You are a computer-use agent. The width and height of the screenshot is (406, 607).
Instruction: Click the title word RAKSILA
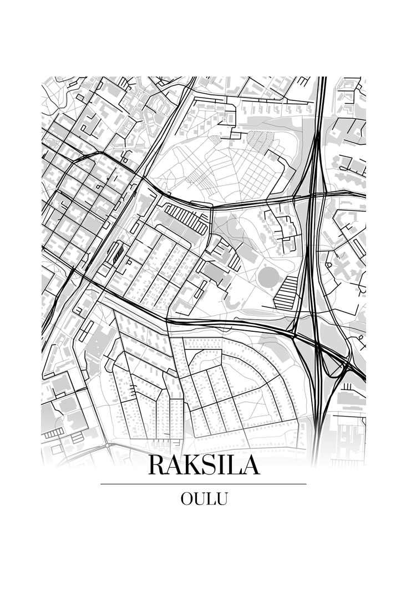204,466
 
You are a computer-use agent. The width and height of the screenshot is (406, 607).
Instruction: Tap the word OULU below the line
204,499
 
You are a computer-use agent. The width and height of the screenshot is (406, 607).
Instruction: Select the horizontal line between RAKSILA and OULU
204,484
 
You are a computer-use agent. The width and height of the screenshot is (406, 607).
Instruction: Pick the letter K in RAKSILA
191,466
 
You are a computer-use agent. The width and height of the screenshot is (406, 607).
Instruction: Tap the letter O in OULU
187,499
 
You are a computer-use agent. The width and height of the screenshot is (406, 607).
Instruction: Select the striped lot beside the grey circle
287,292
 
